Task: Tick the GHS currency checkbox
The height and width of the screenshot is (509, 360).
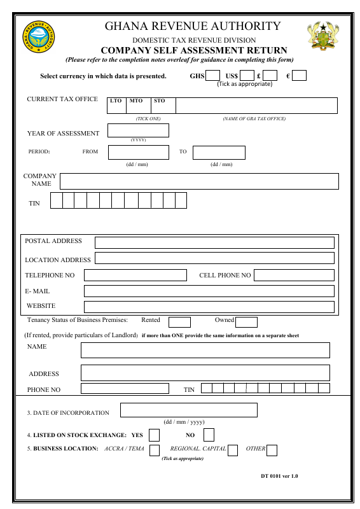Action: pyautogui.click(x=213, y=76)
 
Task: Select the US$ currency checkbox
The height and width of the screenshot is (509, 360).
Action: pyautogui.click(x=247, y=76)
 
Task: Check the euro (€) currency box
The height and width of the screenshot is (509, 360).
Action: pyautogui.click(x=299, y=76)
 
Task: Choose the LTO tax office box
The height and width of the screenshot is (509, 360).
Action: pyautogui.click(x=117, y=106)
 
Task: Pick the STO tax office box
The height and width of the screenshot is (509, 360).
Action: pyautogui.click(x=163, y=106)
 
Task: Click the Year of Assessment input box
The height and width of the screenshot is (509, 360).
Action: pyautogui.click(x=138, y=130)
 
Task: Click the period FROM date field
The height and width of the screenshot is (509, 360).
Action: pyautogui.click(x=138, y=153)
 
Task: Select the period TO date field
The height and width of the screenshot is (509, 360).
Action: pyautogui.click(x=219, y=153)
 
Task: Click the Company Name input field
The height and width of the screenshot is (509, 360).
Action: pyautogui.click(x=199, y=181)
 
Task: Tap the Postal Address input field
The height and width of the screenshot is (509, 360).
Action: pyautogui.click(x=214, y=242)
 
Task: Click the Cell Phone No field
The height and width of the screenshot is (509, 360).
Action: pyautogui.click(x=294, y=275)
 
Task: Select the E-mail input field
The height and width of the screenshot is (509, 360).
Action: pyautogui.click(x=209, y=291)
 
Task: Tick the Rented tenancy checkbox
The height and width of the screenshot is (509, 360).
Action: pyautogui.click(x=179, y=322)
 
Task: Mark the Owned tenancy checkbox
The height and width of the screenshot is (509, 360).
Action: pyautogui.click(x=246, y=322)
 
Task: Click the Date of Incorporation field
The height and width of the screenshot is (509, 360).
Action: pyautogui.click(x=189, y=410)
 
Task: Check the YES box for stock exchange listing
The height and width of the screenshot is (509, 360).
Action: pyautogui.click(x=154, y=435)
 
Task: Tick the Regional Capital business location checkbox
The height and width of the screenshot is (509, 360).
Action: pyautogui.click(x=233, y=450)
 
